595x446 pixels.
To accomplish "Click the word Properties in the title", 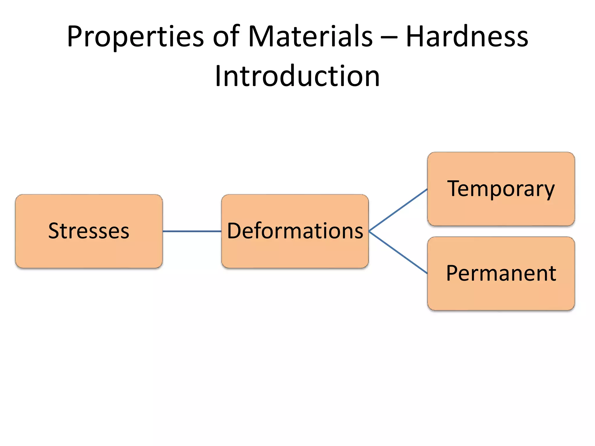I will click(135, 37).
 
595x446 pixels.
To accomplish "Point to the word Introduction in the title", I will click(297, 76).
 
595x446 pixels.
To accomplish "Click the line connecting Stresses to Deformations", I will click(192, 231).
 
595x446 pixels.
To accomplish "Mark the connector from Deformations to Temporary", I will click(398, 210).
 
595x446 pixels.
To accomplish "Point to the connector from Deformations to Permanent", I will click(398, 252).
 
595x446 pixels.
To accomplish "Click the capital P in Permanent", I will click(453, 273).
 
